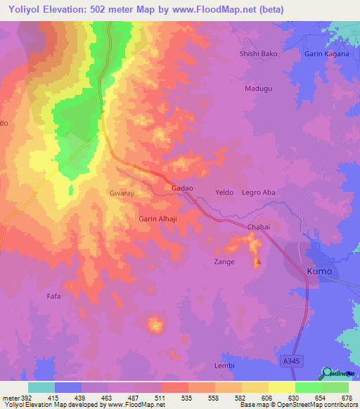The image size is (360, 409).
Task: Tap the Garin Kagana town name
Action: [328, 53]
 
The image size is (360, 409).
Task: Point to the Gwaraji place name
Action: [122, 192]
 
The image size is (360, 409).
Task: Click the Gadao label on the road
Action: [182, 190]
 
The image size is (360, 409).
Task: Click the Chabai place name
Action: [258, 227]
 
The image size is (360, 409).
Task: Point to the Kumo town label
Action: [319, 271]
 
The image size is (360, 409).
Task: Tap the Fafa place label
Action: [54, 297]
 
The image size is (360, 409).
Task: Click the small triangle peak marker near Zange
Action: [258, 264]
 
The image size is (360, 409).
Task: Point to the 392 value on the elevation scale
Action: [19, 397]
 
